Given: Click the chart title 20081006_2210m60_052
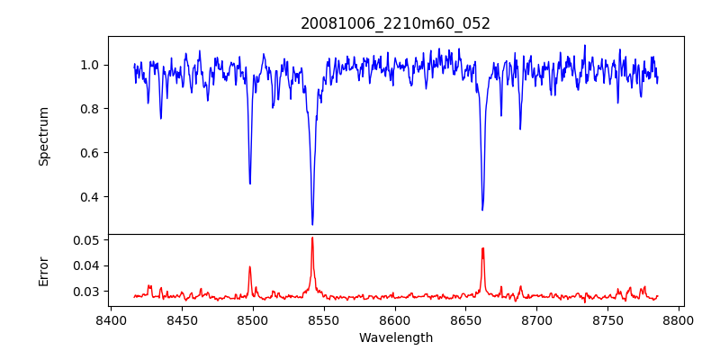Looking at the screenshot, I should [x=395, y=23].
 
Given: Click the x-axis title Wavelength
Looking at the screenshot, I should [x=395, y=338].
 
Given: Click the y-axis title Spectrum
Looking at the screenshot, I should [x=43, y=135].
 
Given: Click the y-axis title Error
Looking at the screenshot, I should [x=43, y=270].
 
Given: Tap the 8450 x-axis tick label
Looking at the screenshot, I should [x=182, y=319].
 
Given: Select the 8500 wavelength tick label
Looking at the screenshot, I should [x=253, y=319].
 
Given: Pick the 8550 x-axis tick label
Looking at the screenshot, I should [x=324, y=319].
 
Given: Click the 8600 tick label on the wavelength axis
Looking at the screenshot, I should [x=395, y=319].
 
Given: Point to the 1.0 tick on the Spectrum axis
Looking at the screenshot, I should [x=93, y=65].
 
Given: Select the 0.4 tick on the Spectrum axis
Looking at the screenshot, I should [x=93, y=197].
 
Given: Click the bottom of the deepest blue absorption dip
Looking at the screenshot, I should [x=312, y=224].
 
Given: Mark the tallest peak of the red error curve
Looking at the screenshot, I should [x=312, y=238].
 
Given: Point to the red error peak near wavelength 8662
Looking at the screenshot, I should [x=482, y=248].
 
